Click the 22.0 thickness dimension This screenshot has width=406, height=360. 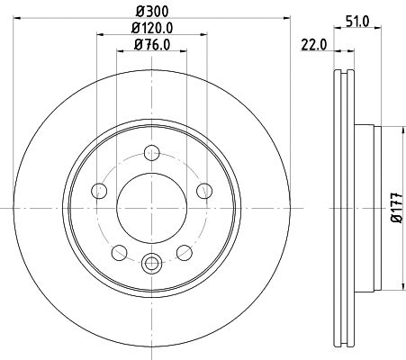pyautogui.click(x=311, y=44)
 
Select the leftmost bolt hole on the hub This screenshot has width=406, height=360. pyautogui.click(x=98, y=190)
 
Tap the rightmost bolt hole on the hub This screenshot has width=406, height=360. pyautogui.click(x=204, y=190)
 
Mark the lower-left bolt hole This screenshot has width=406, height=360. pyautogui.click(x=119, y=252)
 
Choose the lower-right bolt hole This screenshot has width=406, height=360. pyautogui.click(x=185, y=252)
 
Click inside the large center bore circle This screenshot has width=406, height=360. pyautogui.click(x=151, y=207)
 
